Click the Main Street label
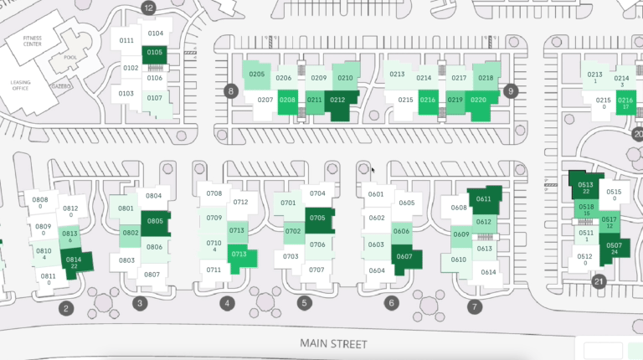[x=333, y=344]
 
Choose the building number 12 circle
[x=149, y=8]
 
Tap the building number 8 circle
[x=230, y=90]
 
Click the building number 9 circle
[x=512, y=90]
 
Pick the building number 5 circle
[x=304, y=303]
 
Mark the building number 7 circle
[x=475, y=307]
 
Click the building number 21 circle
[x=599, y=282]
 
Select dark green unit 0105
[x=155, y=53]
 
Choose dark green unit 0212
[x=338, y=100]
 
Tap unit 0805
[x=155, y=221]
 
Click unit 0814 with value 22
[x=74, y=262]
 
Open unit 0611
[x=484, y=199]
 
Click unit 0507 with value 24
[x=615, y=248]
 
